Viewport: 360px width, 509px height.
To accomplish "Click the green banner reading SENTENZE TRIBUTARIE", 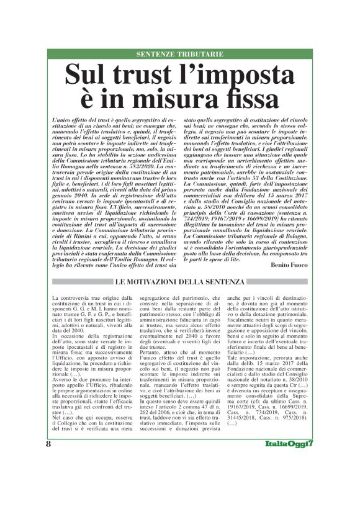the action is pos(180,55).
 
